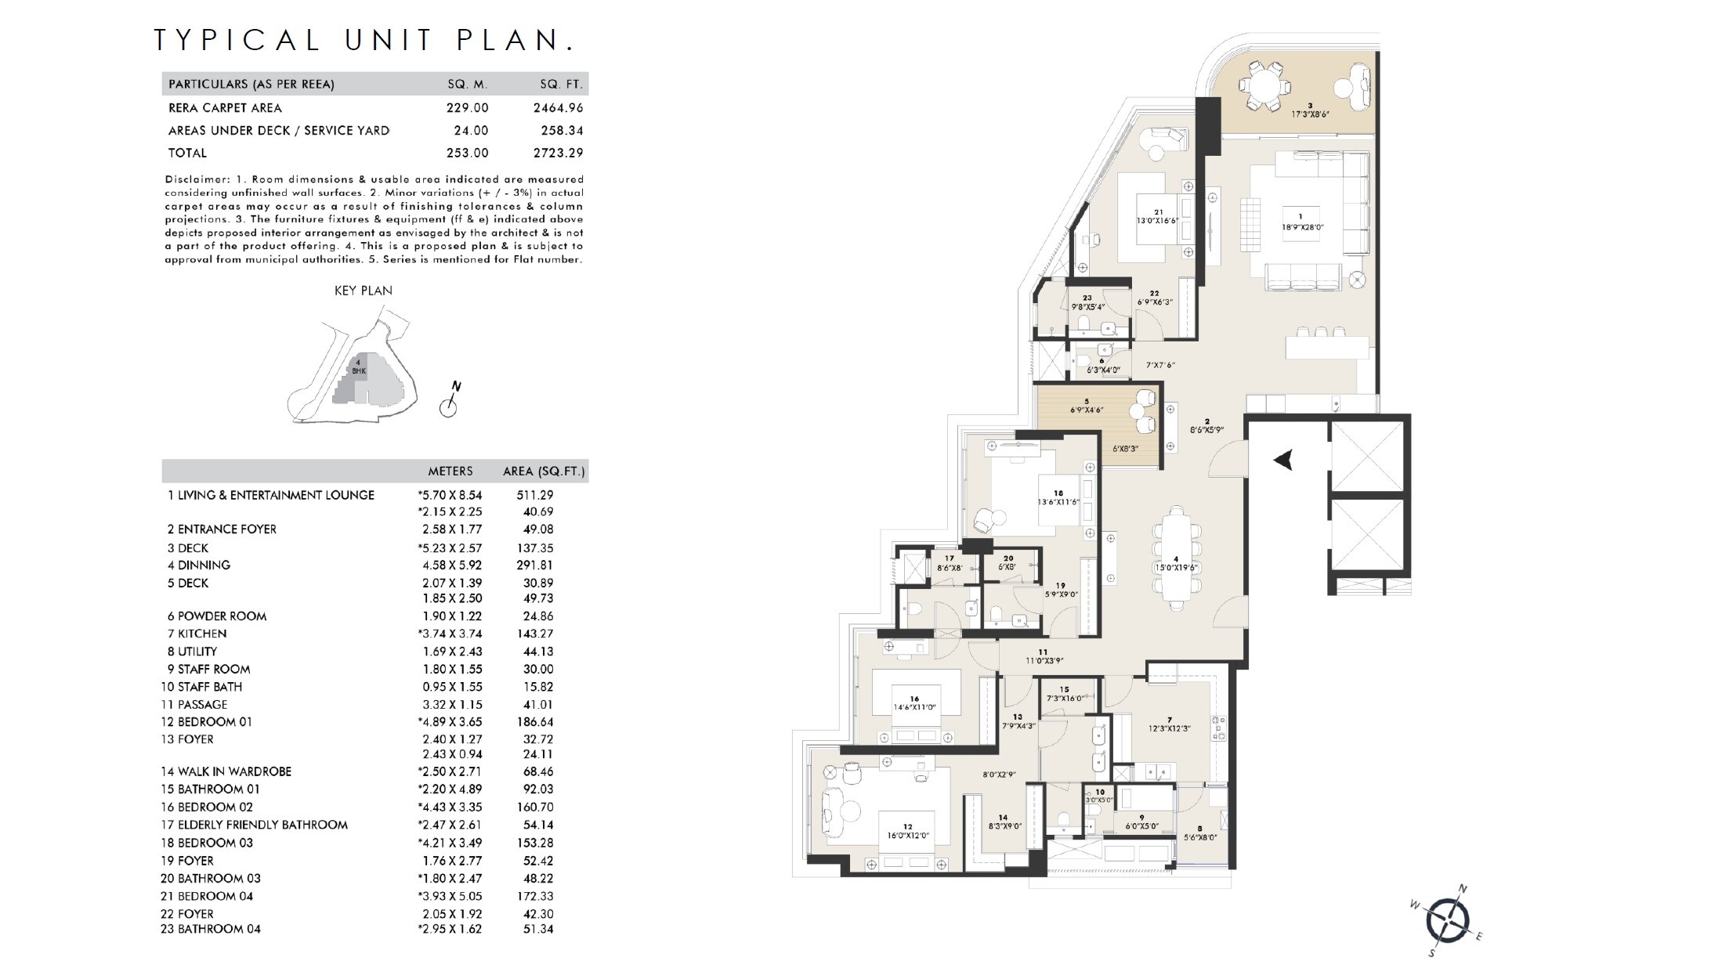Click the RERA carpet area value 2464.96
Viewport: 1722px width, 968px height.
click(558, 108)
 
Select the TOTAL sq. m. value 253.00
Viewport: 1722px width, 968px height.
click(467, 153)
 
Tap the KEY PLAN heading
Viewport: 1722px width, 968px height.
click(363, 291)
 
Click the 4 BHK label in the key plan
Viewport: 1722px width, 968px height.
click(359, 367)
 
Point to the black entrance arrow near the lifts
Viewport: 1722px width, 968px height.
click(1282, 461)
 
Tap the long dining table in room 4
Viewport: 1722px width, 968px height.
click(1175, 557)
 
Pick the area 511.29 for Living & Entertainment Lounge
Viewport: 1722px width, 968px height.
click(536, 495)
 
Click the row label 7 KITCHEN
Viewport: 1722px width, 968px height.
click(197, 634)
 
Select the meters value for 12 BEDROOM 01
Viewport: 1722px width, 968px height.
click(450, 722)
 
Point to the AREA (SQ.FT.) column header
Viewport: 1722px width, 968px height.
click(544, 471)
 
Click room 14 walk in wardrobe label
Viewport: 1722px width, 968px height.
click(1004, 821)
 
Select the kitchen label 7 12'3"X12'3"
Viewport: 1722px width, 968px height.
click(1168, 724)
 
